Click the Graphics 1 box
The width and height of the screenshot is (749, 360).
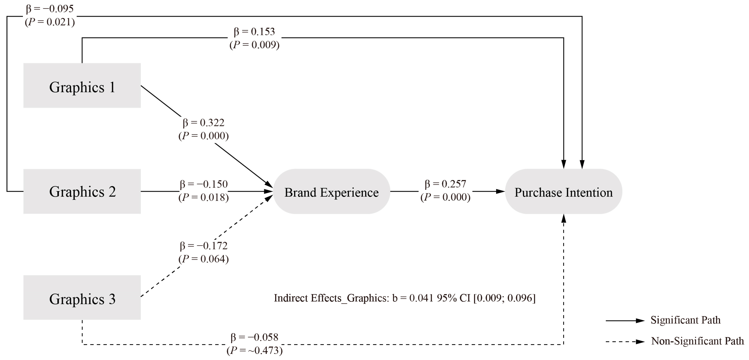coord(82,86)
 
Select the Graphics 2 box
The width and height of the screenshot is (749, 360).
coord(82,191)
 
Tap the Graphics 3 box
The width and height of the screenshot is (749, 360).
coord(82,298)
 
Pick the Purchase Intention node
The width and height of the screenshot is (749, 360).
coord(563,192)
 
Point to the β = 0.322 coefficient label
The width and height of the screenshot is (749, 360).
coord(204,123)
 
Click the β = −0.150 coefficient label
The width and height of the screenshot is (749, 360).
coord(204,184)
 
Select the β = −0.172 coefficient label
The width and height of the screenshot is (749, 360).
coord(204,246)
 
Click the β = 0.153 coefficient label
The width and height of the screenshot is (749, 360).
coord(255,32)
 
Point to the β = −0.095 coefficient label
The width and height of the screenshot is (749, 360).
coord(50,9)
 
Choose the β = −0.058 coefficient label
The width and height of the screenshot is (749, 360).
coord(255,337)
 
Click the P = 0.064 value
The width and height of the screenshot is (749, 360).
coord(204,259)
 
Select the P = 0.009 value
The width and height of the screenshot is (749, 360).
coord(255,45)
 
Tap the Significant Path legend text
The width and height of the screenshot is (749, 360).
coord(686,320)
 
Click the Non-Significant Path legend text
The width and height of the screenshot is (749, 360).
coord(697,341)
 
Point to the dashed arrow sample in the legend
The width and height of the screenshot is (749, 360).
coord(625,342)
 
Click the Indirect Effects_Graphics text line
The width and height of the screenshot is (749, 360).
coord(404,298)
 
